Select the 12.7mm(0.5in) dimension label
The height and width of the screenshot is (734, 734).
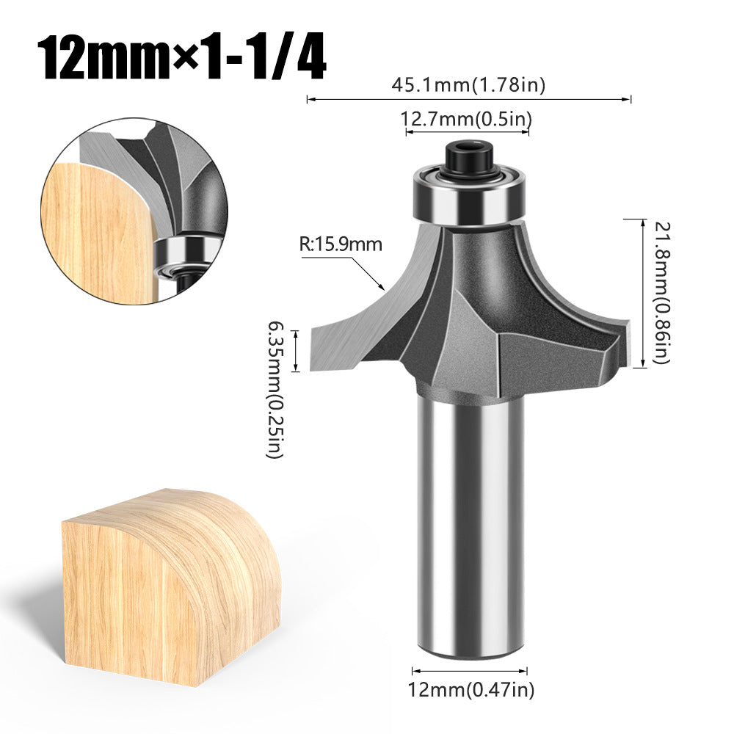tap(466, 118)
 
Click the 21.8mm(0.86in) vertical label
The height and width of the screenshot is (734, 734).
tap(658, 291)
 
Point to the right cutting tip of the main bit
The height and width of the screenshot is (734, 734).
tap(622, 341)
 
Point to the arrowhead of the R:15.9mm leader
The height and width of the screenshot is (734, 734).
tap(382, 286)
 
